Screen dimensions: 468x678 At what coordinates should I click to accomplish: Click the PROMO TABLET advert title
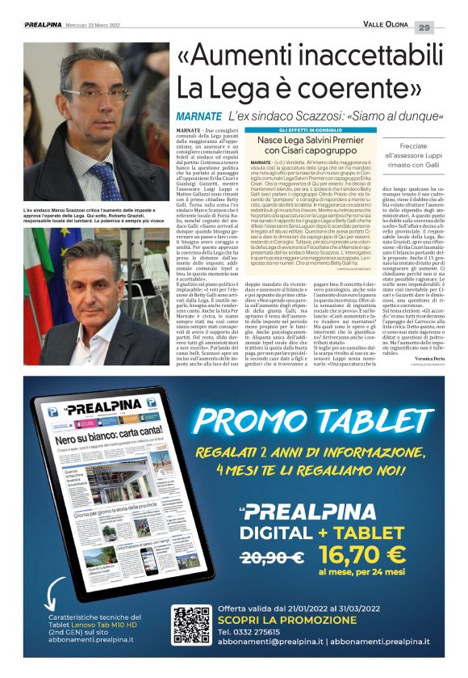point(319,419)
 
